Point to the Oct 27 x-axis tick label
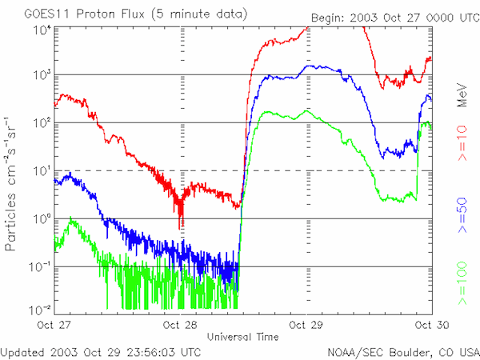(x=54, y=326)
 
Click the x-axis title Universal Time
(x=243, y=336)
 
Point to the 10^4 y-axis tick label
(x=40, y=29)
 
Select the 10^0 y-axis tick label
(x=40, y=218)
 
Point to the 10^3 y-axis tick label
(x=40, y=74)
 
